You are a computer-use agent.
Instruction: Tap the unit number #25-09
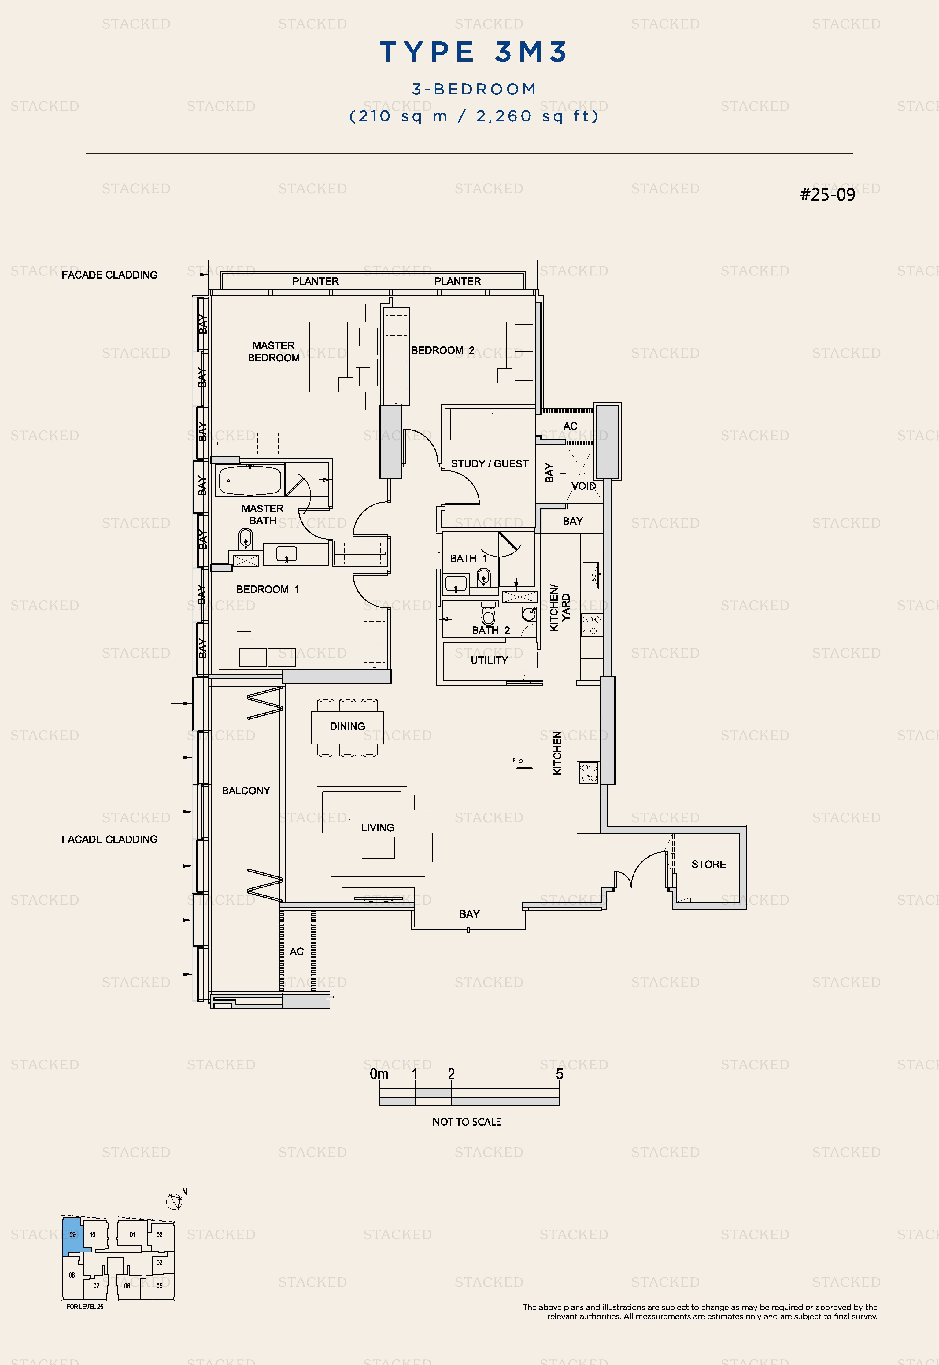(x=827, y=195)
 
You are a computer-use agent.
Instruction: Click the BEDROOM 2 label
(x=442, y=351)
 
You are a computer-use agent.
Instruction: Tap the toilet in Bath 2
(x=488, y=613)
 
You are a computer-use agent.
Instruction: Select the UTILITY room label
(x=489, y=660)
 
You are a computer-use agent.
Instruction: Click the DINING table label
(x=347, y=726)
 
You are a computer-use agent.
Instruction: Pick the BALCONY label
(x=246, y=791)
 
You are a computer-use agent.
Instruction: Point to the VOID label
(x=584, y=486)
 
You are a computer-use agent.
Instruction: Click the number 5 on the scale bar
(x=560, y=1074)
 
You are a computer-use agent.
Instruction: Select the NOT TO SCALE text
(x=467, y=1122)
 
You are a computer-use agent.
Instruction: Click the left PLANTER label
(x=315, y=281)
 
